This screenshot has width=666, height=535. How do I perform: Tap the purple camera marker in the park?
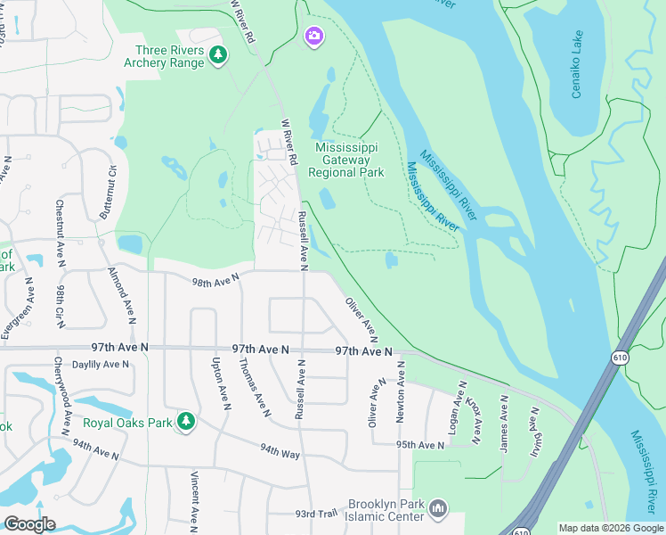point(313,36)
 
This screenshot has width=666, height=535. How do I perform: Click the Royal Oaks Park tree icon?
point(185,421)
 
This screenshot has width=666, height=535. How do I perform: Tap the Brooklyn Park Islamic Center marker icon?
point(437,509)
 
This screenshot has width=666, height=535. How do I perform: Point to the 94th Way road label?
point(280,452)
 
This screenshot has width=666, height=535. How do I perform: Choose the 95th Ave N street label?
point(420,444)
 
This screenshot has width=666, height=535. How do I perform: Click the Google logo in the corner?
point(29,524)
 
